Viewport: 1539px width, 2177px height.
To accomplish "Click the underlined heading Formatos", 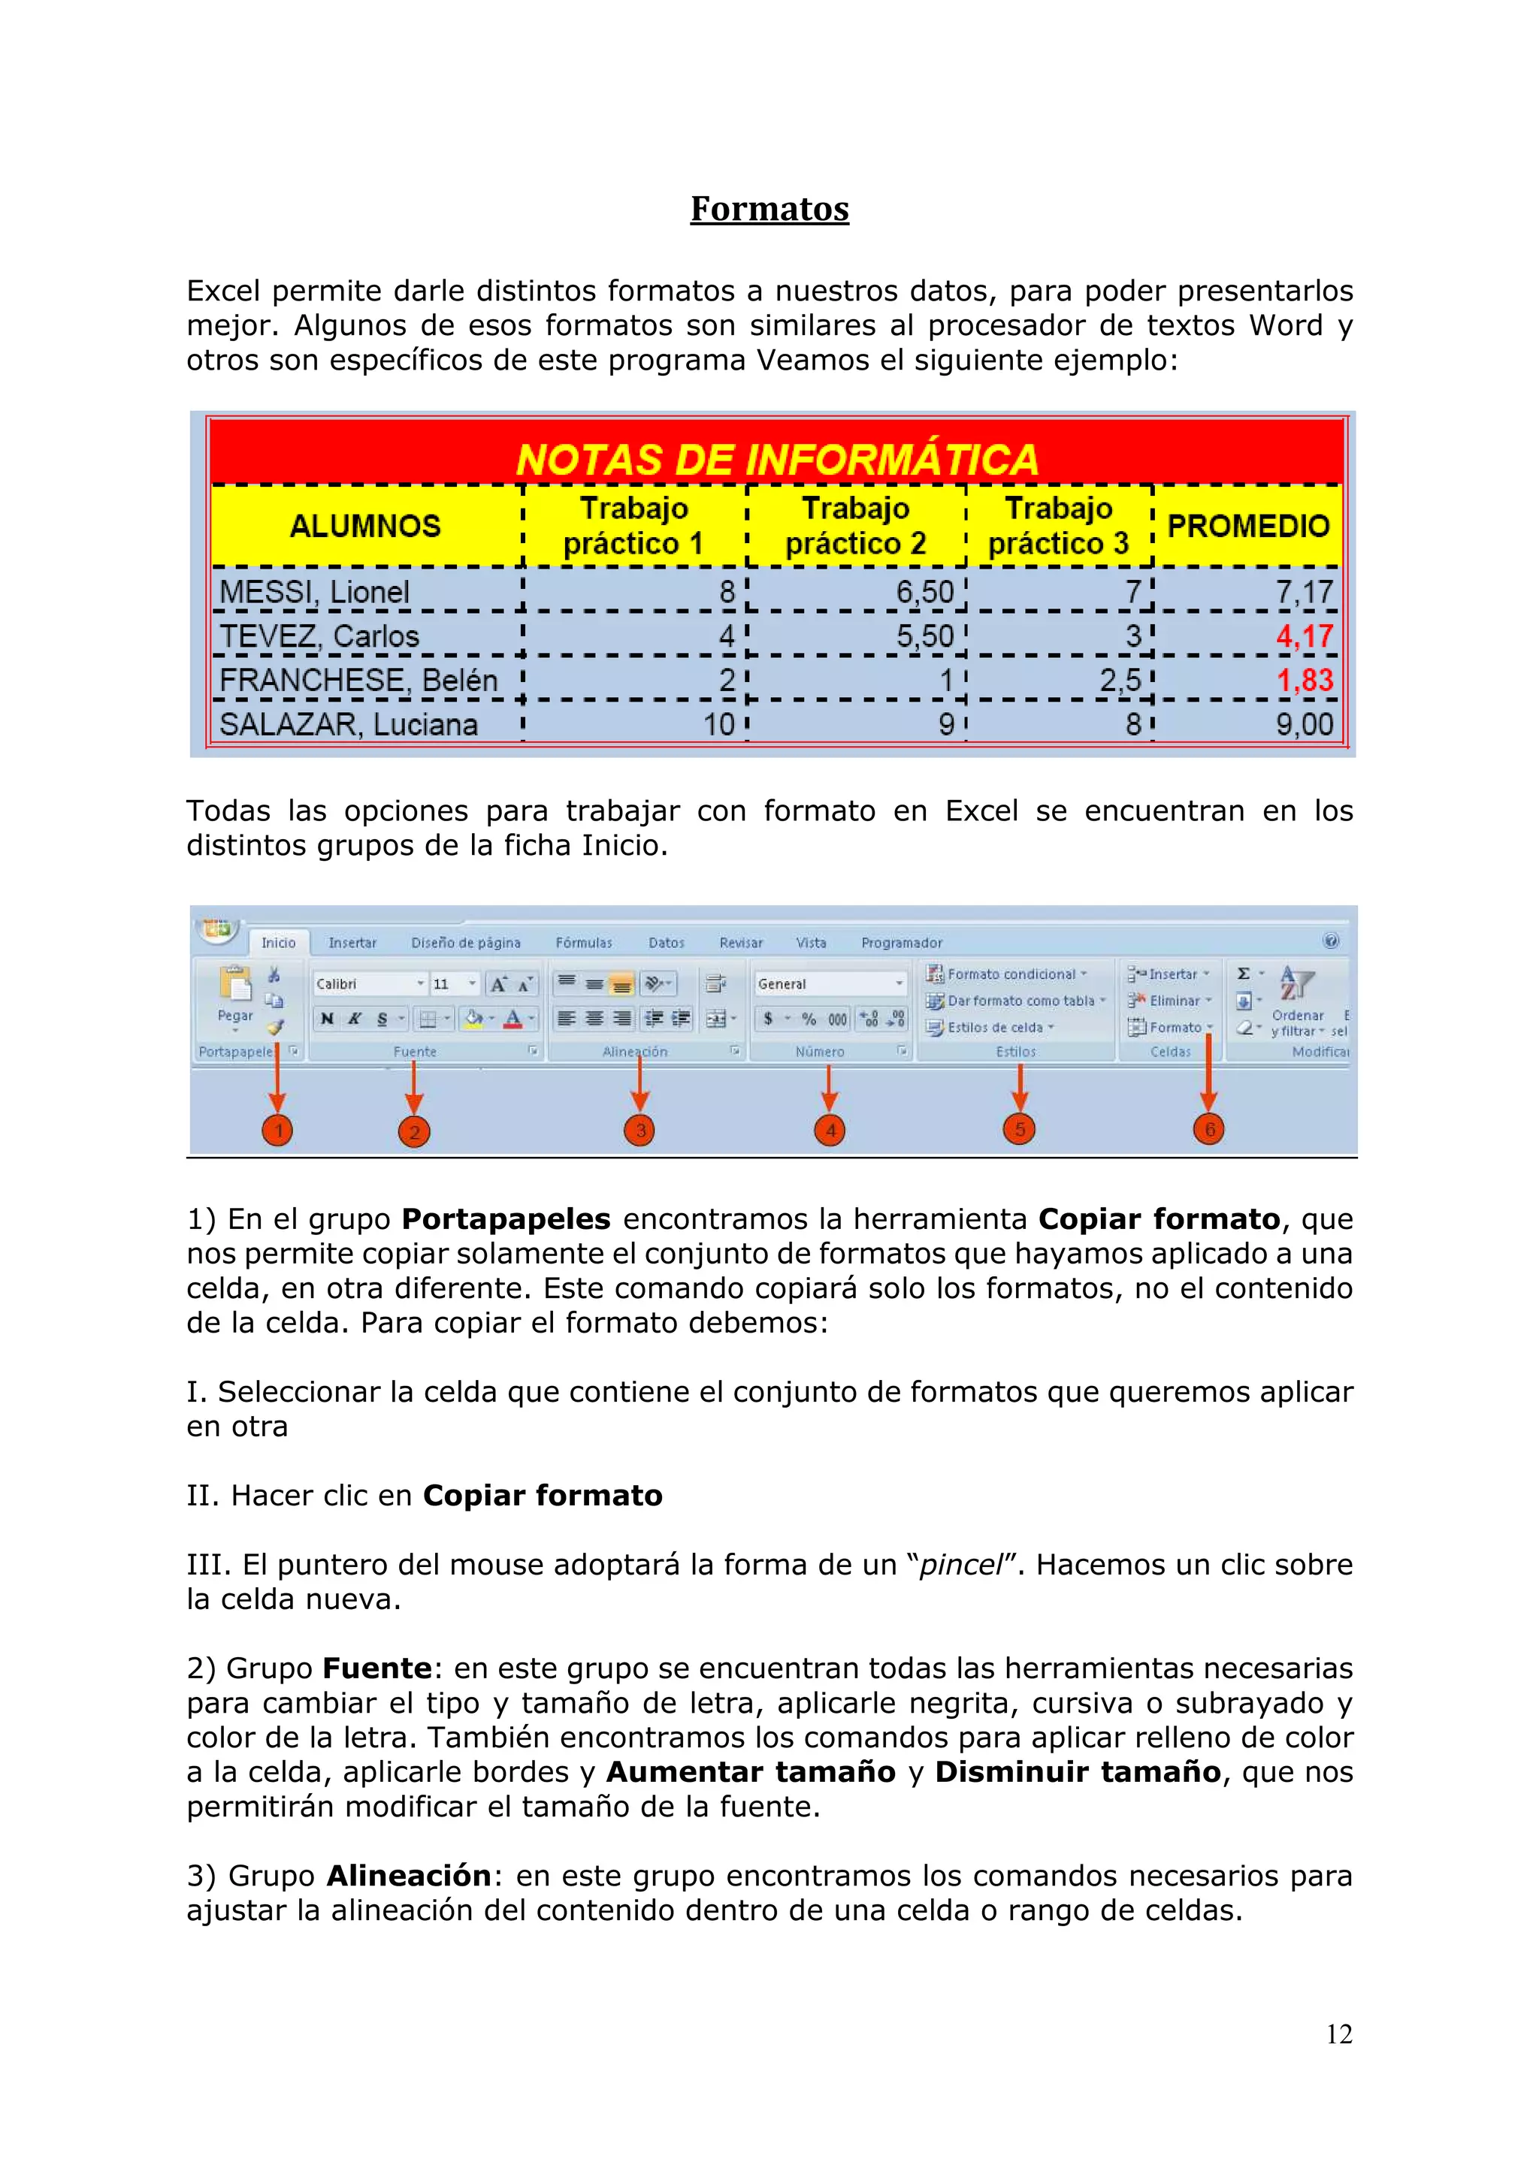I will [x=769, y=209].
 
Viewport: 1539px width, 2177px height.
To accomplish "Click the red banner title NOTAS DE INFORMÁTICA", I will [x=776, y=460].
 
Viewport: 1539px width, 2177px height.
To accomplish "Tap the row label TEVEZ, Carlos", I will [x=319, y=636].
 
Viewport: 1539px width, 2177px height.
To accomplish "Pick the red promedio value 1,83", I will [x=1304, y=680].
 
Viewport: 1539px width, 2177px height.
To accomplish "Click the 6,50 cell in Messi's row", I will [x=924, y=592].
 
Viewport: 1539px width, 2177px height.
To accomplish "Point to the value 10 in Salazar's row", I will [x=718, y=724].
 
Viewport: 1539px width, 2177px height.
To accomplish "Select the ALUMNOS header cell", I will [x=365, y=527].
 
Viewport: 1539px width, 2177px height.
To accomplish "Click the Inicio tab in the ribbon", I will [x=278, y=943].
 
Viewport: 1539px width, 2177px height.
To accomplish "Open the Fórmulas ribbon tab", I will [x=583, y=943].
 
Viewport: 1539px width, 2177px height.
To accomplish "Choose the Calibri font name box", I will [x=365, y=984].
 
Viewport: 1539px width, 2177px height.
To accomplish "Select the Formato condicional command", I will [x=1010, y=974].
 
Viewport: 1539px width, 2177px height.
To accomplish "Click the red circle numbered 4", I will [x=830, y=1131].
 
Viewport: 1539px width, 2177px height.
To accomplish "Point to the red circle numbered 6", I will [x=1209, y=1129].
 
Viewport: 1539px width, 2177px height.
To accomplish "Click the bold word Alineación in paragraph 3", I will [x=409, y=1876].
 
